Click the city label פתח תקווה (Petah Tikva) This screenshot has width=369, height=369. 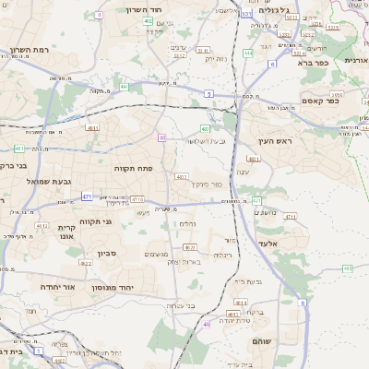click(133, 168)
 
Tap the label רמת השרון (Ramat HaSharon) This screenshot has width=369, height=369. click(30, 49)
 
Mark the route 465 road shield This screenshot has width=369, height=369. click(348, 268)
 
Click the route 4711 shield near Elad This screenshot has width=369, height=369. click(292, 217)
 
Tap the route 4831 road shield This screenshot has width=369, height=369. click(254, 159)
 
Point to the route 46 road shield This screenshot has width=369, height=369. click(207, 323)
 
